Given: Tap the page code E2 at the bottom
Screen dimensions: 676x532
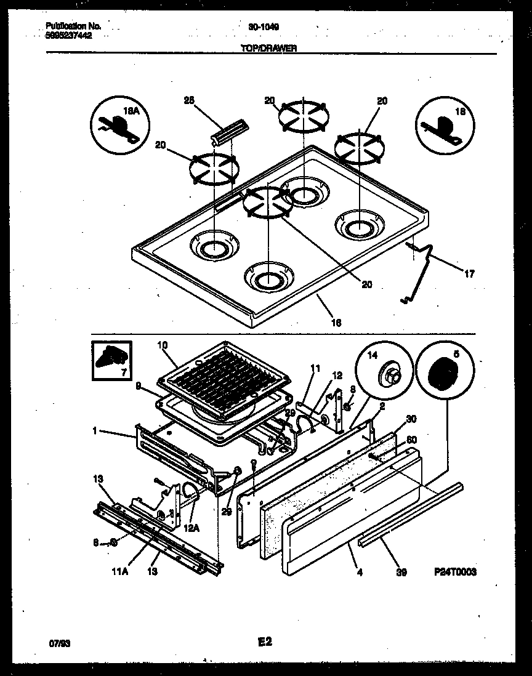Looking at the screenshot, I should (265, 642).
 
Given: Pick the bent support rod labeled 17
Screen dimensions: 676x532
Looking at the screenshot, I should (421, 271).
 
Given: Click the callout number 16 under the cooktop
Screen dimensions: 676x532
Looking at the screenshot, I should (336, 322).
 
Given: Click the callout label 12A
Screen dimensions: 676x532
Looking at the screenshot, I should (191, 528).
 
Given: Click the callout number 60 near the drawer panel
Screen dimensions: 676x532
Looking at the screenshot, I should (411, 440).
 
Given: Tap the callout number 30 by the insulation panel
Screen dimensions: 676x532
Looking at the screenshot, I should (411, 418).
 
